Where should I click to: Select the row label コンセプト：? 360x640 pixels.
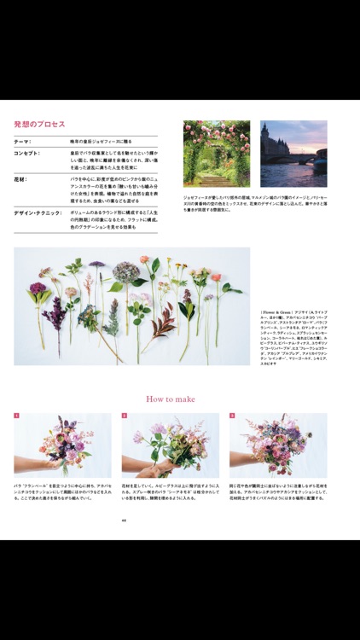pyautogui.click(x=31, y=154)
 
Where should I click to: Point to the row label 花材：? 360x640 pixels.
pyautogui.click(x=21, y=179)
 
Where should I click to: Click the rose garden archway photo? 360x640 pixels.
pyautogui.click(x=216, y=154)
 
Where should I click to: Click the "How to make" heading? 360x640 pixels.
pyautogui.click(x=171, y=399)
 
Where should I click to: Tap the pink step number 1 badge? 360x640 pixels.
pyautogui.click(x=16, y=416)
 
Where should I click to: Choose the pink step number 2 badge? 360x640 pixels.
pyautogui.click(x=124, y=416)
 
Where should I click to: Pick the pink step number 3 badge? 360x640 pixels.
pyautogui.click(x=232, y=416)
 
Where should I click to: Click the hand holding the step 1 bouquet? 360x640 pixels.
pyautogui.click(x=30, y=465)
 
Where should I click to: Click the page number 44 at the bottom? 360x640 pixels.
pyautogui.click(x=124, y=520)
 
